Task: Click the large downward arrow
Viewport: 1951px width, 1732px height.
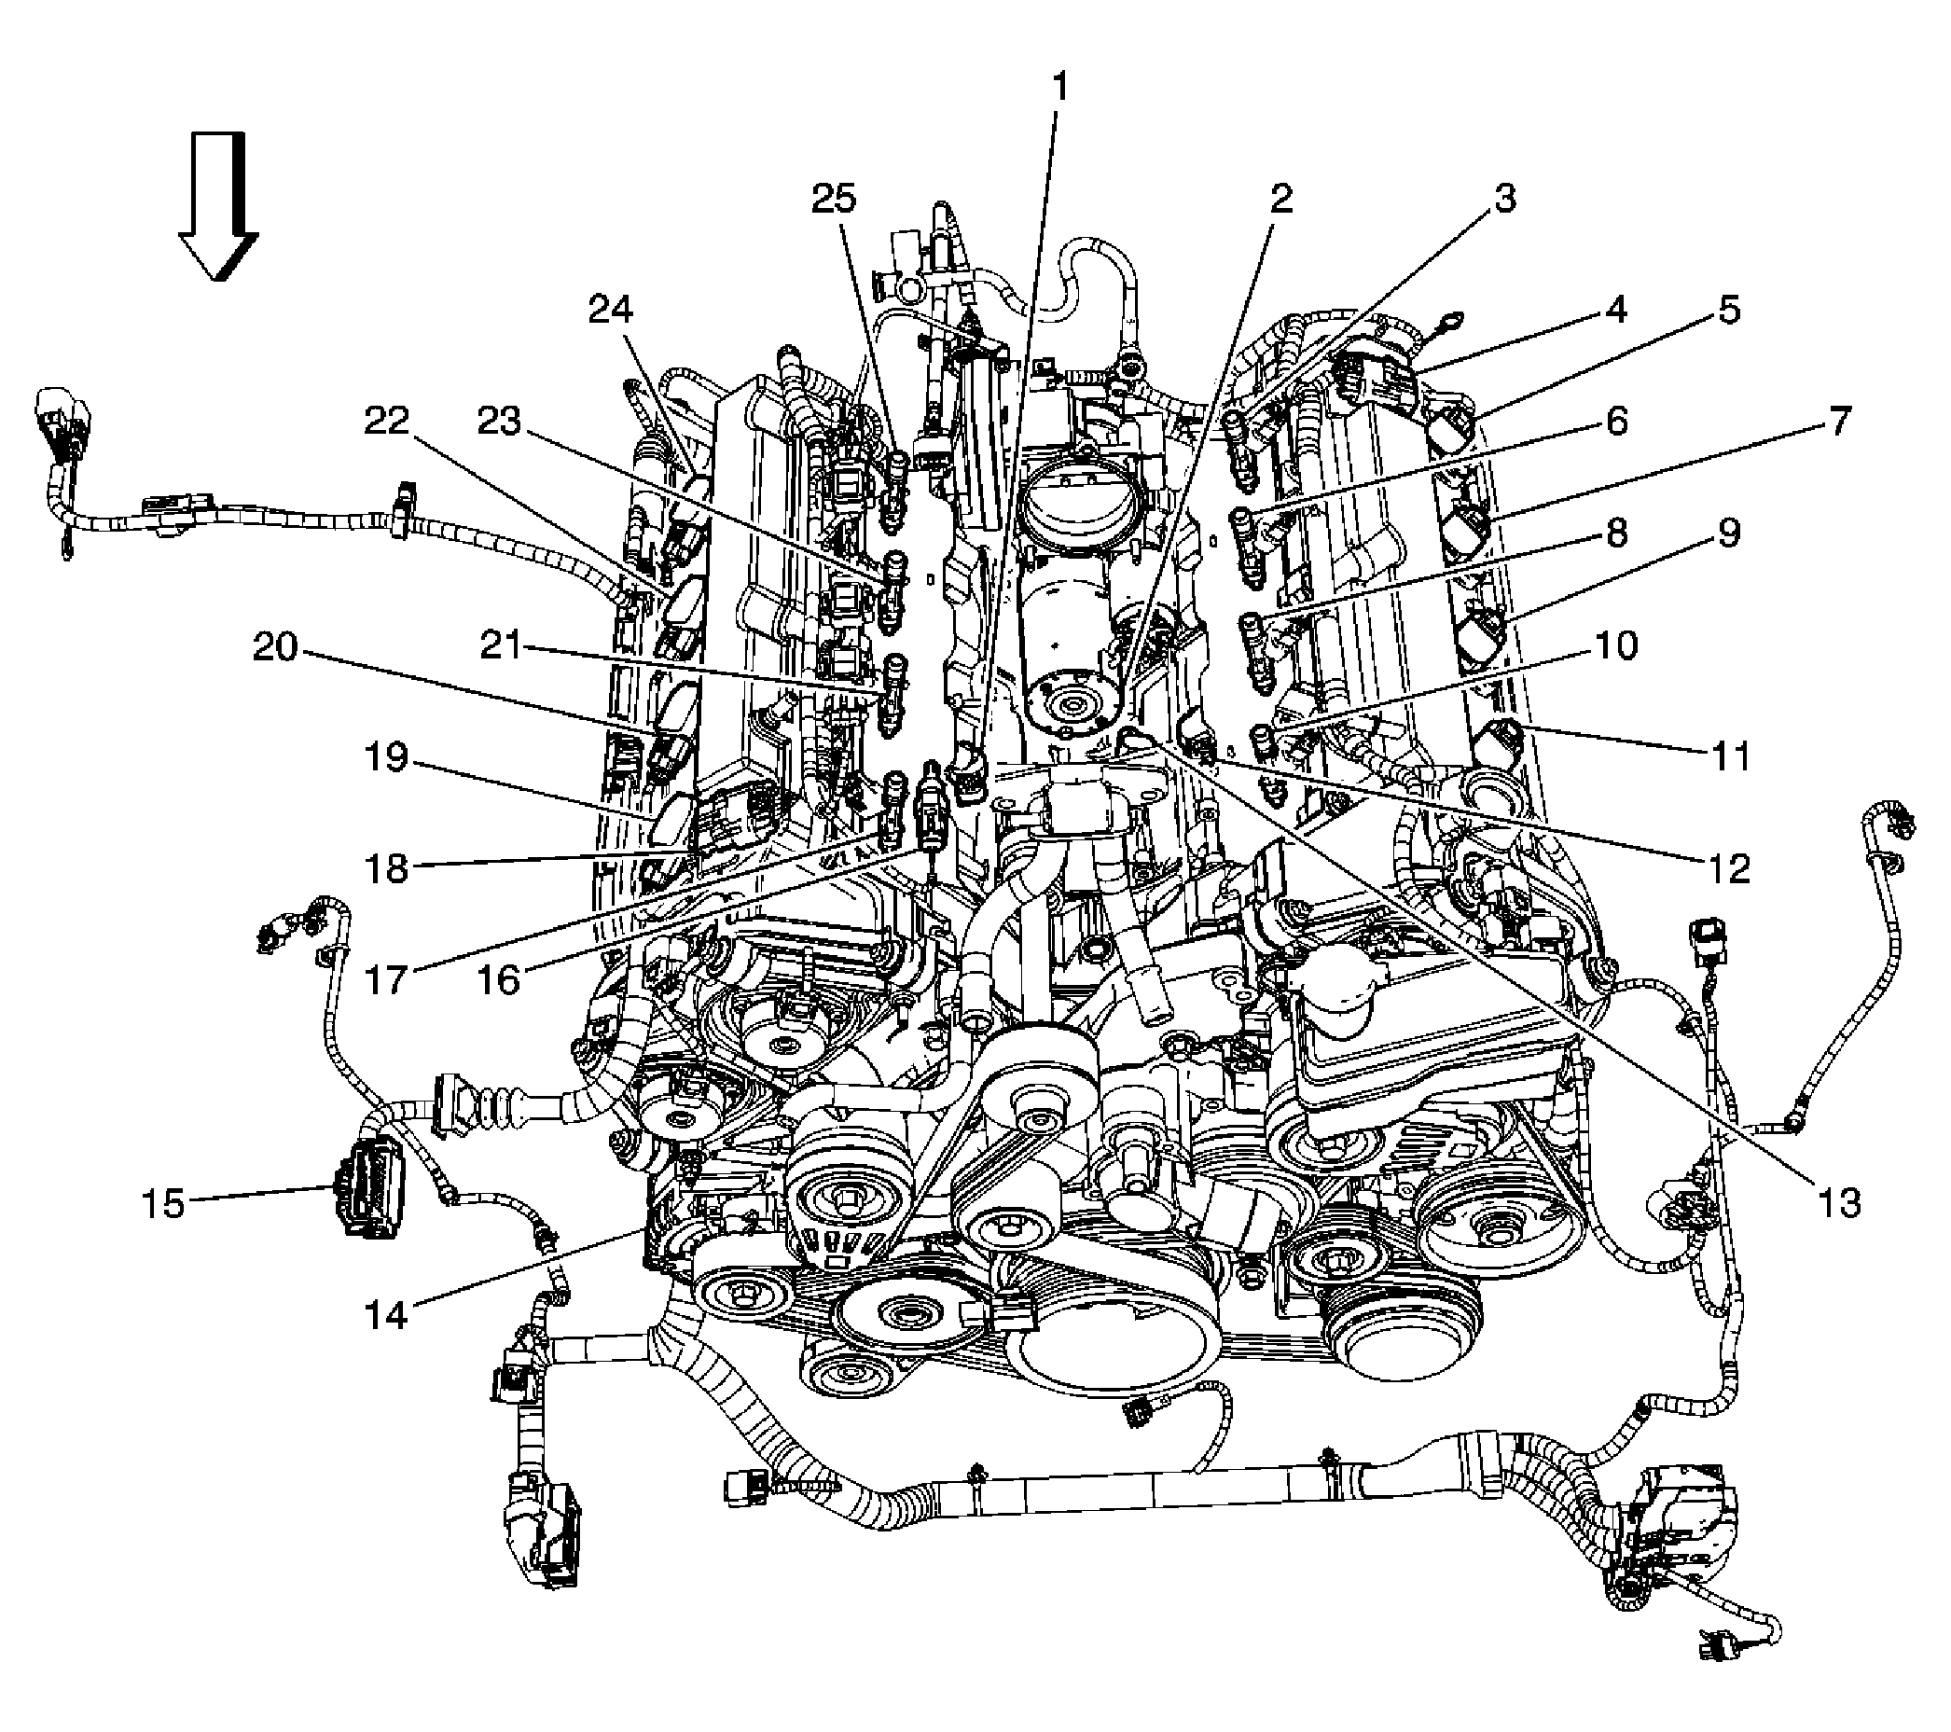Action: click(218, 207)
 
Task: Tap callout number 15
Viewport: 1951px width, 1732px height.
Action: click(163, 1204)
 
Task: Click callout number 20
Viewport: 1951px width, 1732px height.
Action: click(276, 648)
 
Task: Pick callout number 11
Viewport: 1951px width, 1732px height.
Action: click(1731, 756)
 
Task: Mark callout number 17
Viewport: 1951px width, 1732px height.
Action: click(387, 979)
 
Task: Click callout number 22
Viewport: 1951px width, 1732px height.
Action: click(387, 420)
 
